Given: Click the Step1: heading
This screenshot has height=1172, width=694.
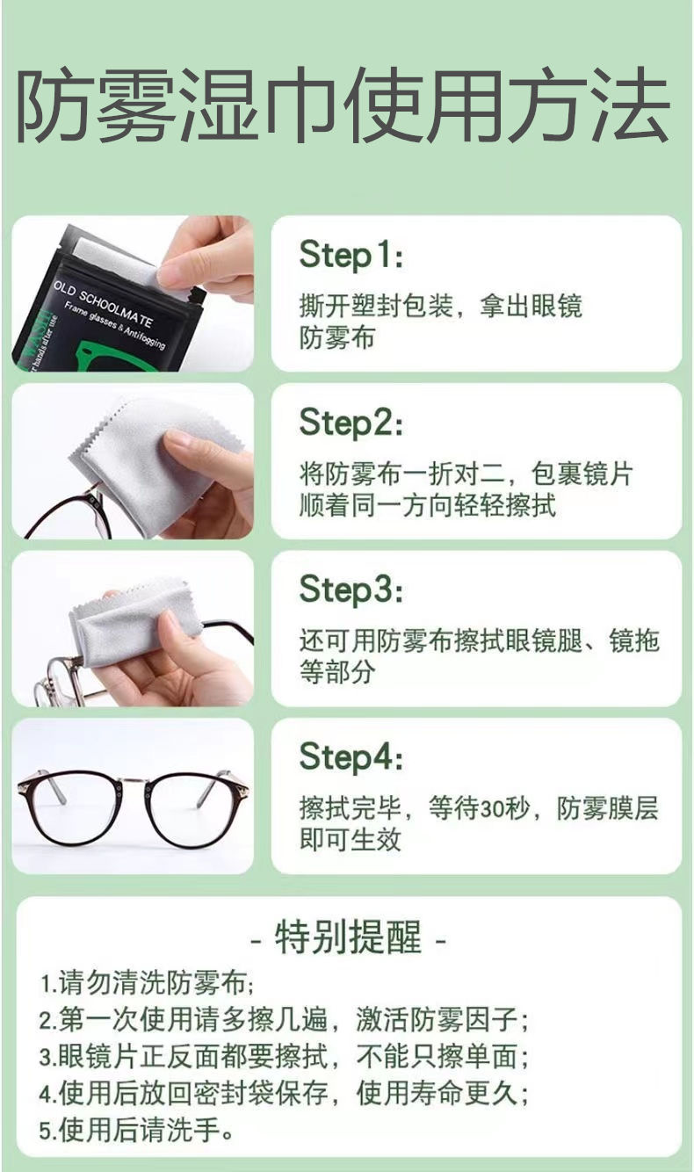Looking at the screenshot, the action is (351, 255).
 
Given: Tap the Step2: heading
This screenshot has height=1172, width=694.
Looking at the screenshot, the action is (351, 423).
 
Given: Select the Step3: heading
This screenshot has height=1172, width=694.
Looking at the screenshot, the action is (351, 590).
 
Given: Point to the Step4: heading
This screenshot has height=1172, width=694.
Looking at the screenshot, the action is (351, 757).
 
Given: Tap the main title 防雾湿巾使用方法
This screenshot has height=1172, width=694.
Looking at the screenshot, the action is (343, 105).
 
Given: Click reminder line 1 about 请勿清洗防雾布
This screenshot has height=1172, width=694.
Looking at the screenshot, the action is (147, 983).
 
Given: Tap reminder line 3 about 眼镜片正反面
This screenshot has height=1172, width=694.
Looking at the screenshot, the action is (284, 1056).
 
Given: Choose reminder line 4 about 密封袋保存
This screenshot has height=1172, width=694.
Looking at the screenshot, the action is (284, 1093).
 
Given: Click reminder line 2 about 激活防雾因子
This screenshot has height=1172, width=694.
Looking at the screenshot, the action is (284, 1020).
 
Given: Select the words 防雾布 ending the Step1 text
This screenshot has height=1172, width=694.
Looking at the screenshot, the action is (336, 337).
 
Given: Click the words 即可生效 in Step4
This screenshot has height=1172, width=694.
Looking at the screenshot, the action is (350, 840).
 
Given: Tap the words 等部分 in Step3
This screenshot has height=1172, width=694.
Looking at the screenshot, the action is (336, 672).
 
